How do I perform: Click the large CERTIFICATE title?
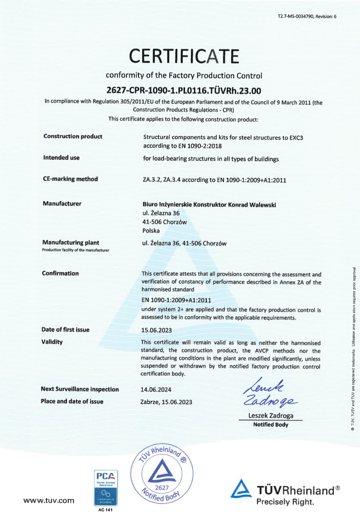pyautogui.click(x=184, y=56)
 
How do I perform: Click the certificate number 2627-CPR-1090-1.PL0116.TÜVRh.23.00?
pyautogui.click(x=183, y=91)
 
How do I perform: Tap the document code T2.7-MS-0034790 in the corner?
pyautogui.click(x=307, y=16)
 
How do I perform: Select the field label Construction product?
pyautogui.click(x=73, y=136)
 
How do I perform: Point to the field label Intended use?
pyautogui.click(x=61, y=157)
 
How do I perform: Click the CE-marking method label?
pyautogui.click(x=70, y=179)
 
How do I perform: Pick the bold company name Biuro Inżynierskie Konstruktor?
pyautogui.click(x=209, y=205)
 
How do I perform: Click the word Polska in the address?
pyautogui.click(x=151, y=231)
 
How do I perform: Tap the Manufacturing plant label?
pyautogui.click(x=70, y=243)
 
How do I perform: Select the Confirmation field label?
pyautogui.click(x=60, y=273)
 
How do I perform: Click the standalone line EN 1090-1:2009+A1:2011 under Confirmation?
pyautogui.click(x=176, y=300)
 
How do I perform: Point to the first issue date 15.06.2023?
pyautogui.click(x=156, y=330)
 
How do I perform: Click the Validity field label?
pyautogui.click(x=52, y=342)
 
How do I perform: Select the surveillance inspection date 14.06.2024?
pyautogui.click(x=156, y=390)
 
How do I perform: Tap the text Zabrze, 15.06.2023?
pyautogui.click(x=166, y=402)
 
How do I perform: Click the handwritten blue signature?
pyautogui.click(x=269, y=393)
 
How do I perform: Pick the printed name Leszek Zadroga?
pyautogui.click(x=271, y=416)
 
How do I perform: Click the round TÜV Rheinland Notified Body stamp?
pyautogui.click(x=162, y=473)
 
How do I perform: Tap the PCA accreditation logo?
pyautogui.click(x=106, y=487)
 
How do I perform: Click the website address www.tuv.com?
pyautogui.click(x=49, y=501)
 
